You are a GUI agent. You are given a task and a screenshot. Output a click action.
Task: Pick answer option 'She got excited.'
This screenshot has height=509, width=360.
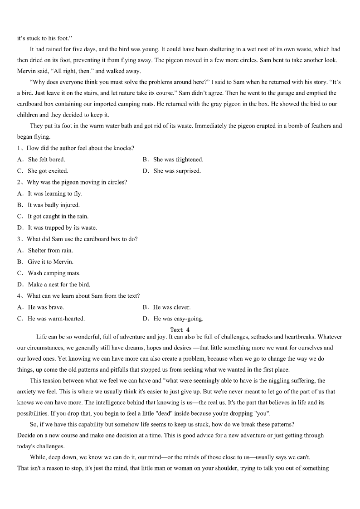point(48,171)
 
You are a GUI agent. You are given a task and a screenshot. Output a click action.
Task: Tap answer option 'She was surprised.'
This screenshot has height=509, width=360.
point(177,171)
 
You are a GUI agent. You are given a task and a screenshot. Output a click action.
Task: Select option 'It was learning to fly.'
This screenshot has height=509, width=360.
point(55,194)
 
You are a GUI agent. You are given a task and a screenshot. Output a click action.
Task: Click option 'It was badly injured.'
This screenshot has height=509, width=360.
point(54,205)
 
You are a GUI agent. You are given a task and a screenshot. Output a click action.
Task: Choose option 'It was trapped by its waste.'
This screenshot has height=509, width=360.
point(62,228)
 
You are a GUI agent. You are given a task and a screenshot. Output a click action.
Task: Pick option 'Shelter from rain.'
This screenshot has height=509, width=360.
point(50,250)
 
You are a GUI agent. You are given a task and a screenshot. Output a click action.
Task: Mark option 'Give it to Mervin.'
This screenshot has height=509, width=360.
point(50,262)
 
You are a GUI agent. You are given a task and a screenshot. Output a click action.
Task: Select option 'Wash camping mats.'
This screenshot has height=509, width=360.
point(54,273)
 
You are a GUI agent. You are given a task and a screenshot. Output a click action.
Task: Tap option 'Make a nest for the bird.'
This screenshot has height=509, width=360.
point(59,284)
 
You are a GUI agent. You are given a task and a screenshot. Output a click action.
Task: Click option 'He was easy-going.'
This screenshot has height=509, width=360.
point(178,319)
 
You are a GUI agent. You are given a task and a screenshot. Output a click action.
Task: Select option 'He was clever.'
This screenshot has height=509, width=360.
point(172,307)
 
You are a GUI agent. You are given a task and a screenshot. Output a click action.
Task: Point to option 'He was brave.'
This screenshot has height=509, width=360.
point(46,307)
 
